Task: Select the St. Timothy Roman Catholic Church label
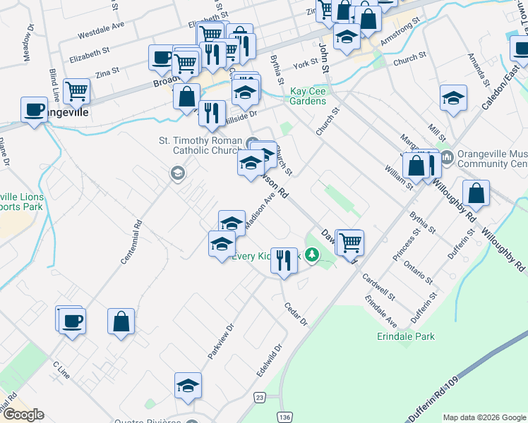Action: pyautogui.click(x=200, y=145)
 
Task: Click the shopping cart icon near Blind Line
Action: pyautogui.click(x=76, y=90)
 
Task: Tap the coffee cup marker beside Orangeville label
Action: pyautogui.click(x=34, y=109)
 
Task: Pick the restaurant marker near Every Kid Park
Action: pyautogui.click(x=284, y=260)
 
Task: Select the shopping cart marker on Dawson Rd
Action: pyautogui.click(x=349, y=242)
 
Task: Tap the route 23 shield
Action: pyautogui.click(x=260, y=398)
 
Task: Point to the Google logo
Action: pyautogui.click(x=23, y=415)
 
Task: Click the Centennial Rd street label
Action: pyautogui.click(x=131, y=242)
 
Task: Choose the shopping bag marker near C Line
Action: pyautogui.click(x=121, y=321)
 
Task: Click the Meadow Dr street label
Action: pyautogui.click(x=30, y=44)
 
